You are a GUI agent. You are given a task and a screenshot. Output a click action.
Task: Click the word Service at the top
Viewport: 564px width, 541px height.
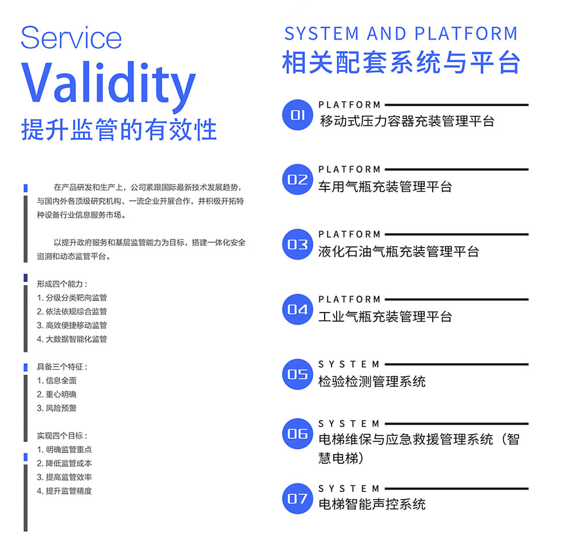71,38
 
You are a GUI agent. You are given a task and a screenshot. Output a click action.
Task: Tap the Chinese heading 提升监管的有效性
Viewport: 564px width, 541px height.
119,129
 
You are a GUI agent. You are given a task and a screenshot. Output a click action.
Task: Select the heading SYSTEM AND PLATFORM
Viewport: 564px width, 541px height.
401,34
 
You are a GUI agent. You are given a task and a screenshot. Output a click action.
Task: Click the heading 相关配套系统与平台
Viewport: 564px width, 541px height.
401,63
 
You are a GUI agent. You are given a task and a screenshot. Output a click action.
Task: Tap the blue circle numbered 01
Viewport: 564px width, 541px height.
297,115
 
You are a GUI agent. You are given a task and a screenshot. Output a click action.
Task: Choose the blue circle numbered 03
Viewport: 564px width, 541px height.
297,245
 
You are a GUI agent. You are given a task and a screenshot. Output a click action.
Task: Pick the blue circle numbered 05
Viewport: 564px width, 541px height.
297,375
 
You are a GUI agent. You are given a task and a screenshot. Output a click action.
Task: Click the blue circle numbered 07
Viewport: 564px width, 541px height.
297,498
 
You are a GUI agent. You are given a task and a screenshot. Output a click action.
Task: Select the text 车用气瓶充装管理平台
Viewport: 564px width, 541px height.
385,186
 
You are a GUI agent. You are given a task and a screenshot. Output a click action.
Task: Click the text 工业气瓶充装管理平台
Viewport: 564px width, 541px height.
385,317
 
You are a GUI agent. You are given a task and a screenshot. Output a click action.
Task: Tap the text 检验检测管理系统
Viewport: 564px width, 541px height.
372,381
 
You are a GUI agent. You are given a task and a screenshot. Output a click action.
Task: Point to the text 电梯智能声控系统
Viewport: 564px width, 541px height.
372,504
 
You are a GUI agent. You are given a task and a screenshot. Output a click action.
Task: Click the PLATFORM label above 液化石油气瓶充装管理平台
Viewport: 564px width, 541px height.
349,234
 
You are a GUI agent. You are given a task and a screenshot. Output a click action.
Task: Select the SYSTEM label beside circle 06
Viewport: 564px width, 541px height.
349,424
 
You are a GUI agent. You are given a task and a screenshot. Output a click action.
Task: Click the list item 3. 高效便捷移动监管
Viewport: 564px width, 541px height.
72,325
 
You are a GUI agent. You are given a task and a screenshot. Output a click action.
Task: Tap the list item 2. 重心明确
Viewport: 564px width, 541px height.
56,394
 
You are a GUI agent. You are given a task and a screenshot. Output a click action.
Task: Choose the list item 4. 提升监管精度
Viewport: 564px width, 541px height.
64,491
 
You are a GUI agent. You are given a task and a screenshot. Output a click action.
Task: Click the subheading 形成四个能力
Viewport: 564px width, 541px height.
62,284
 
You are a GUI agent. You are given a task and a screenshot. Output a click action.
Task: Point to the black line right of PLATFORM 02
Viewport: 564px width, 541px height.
456,170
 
